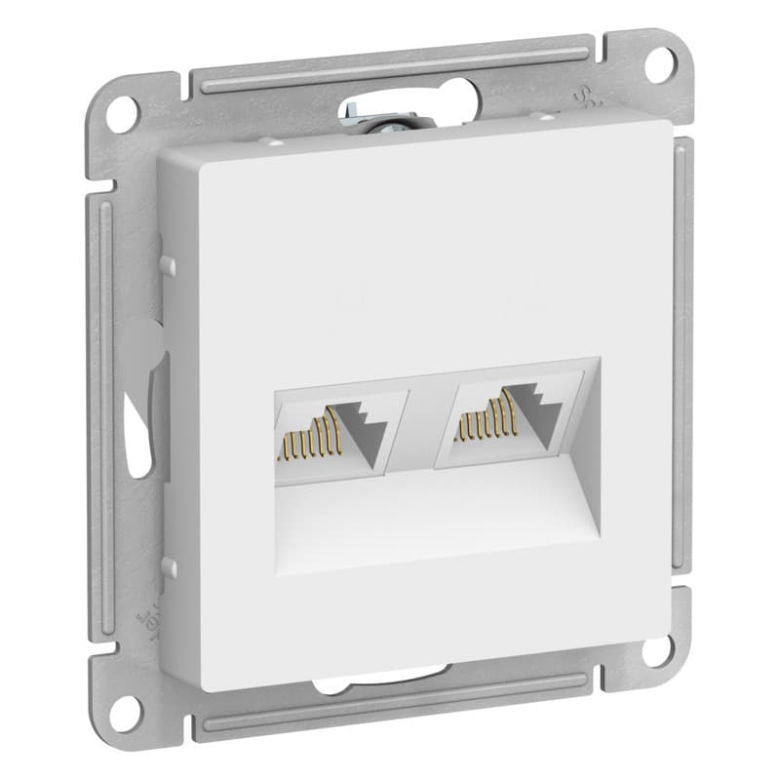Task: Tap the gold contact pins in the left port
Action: click(x=310, y=436)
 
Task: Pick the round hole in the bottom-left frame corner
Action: click(x=124, y=711)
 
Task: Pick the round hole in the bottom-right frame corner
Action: click(x=658, y=650)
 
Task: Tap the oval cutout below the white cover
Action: click(x=390, y=682)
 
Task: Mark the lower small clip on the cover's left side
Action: click(x=169, y=565)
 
